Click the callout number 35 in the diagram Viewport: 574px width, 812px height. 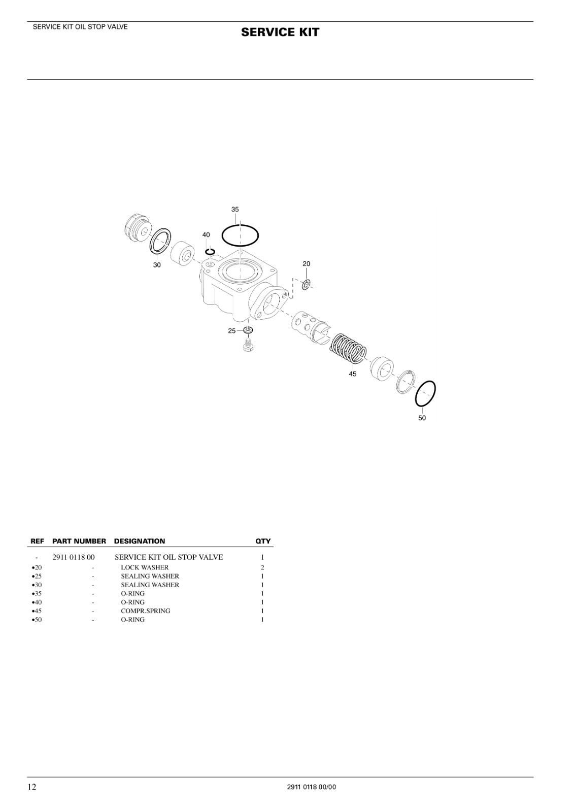(235, 210)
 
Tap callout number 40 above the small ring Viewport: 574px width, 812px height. (206, 235)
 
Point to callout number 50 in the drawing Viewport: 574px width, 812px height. (422, 418)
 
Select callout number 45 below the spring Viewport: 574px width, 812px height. (352, 374)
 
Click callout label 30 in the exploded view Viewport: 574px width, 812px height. (157, 265)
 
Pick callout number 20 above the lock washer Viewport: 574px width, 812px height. (307, 264)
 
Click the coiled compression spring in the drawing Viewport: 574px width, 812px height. (348, 348)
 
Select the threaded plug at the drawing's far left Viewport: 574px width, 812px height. (138, 229)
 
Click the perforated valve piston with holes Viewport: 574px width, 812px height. (311, 326)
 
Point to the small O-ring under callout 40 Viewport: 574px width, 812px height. (210, 252)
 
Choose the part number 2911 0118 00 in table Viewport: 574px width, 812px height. (74, 557)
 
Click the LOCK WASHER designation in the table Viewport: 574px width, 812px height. (145, 568)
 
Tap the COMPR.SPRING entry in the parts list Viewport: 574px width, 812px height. (146, 611)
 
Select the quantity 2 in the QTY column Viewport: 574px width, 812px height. (262, 568)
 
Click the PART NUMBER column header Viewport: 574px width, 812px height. (79, 541)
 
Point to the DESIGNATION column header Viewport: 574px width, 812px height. (140, 541)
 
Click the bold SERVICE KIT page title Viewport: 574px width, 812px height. (280, 32)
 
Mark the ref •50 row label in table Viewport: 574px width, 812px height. (37, 620)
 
